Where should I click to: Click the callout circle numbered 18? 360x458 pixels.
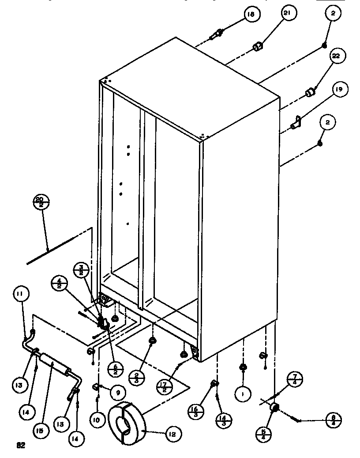250,15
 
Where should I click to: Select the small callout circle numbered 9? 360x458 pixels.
118,392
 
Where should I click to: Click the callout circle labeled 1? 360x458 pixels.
242,393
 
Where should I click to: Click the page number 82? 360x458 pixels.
19,445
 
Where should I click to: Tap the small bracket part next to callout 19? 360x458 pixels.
297,121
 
